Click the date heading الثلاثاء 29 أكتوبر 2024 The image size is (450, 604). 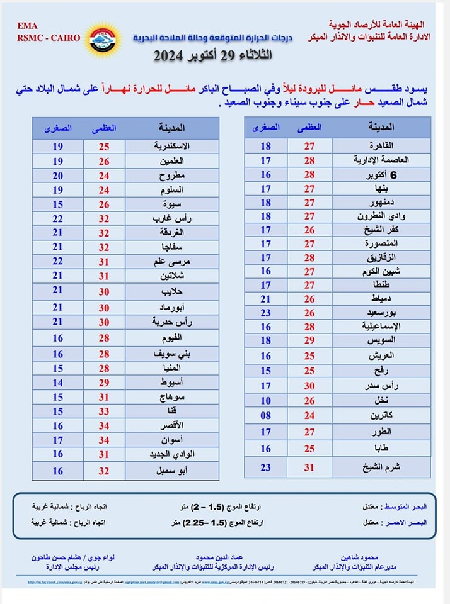[x=214, y=55]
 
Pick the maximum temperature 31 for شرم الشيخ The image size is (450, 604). [x=309, y=467]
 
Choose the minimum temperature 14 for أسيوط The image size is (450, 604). [x=58, y=382]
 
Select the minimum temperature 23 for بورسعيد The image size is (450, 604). [x=266, y=312]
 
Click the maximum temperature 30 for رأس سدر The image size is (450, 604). [x=309, y=386]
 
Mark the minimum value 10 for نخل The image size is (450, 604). [x=266, y=401]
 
